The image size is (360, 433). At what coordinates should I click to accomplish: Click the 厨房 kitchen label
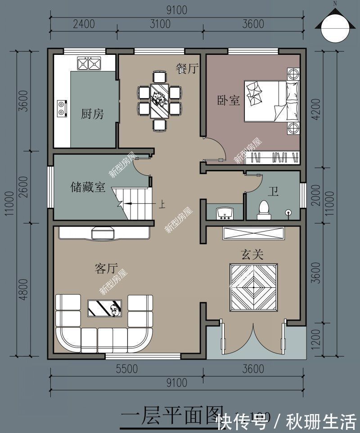click(x=92, y=114)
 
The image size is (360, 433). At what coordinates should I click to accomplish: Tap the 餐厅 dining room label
click(x=187, y=68)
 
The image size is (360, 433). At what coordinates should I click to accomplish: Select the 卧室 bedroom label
click(x=229, y=100)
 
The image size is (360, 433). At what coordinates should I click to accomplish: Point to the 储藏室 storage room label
click(x=88, y=187)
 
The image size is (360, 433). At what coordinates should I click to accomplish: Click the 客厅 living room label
click(x=106, y=269)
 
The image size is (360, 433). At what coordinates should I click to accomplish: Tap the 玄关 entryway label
click(x=252, y=254)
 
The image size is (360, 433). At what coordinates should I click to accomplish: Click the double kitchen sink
click(x=88, y=64)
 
